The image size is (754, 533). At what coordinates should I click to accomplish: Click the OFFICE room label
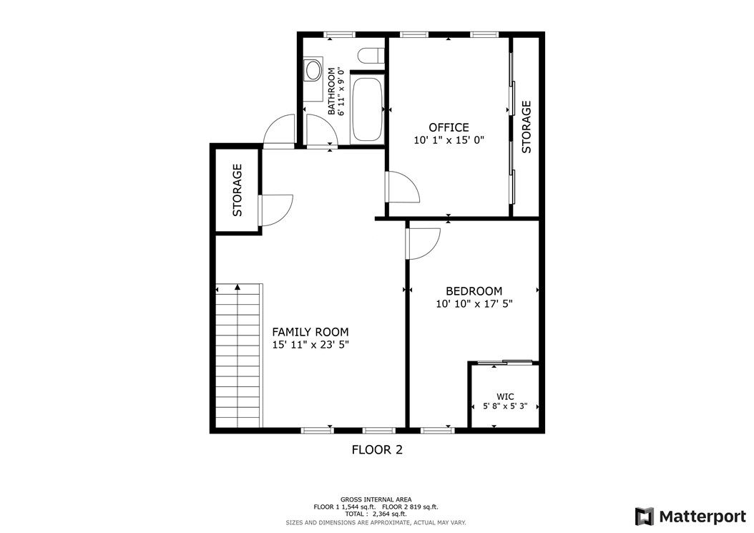click(449, 127)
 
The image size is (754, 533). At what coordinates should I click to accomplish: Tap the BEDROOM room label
click(474, 291)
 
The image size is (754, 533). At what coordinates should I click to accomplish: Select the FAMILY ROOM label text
click(310, 332)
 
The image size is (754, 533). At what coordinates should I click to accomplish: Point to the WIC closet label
click(505, 396)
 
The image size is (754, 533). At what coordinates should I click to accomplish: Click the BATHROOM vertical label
click(332, 91)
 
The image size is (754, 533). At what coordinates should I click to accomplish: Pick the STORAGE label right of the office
click(527, 127)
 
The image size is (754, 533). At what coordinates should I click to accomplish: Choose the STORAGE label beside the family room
click(238, 190)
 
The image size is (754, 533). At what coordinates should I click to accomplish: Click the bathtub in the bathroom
click(367, 108)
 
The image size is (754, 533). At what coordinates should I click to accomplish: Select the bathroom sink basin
click(313, 70)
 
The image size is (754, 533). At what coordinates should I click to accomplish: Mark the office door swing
click(401, 187)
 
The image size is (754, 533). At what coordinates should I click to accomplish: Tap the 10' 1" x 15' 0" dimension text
click(449, 141)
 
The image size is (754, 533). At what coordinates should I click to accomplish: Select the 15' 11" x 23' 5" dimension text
click(310, 345)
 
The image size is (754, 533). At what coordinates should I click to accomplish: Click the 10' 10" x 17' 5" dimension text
click(474, 304)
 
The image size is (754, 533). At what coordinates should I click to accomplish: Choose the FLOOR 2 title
click(377, 450)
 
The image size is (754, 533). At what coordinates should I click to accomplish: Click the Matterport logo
click(690, 516)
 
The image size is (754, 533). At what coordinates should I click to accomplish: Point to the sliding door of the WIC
click(505, 363)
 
